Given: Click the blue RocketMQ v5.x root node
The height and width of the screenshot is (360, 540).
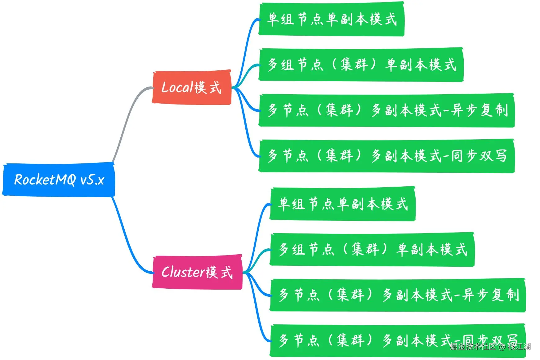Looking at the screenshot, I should pos(59,180).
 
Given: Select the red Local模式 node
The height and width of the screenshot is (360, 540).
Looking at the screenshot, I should pos(191,87).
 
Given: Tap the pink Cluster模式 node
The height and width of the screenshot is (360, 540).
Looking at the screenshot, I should pos(197,272).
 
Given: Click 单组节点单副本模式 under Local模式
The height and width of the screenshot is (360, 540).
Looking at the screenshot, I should pos(331,19).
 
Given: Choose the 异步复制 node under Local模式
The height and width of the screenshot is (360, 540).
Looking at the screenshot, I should pos(386,110).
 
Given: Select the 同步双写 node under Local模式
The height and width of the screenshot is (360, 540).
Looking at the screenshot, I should pos(386,156).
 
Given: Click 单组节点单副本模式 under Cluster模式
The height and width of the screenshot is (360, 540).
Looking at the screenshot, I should pos(342,204).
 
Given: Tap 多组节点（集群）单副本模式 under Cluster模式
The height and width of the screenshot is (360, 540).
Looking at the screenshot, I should pos(372,249).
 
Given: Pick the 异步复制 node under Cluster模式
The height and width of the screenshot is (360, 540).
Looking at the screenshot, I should pos(397,295).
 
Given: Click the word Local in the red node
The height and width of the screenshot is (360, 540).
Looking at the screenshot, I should pos(177,87).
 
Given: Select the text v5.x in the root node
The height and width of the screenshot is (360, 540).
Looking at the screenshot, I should pos(92,180).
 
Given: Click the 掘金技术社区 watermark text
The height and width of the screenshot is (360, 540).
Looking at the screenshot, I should pos(473,346).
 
